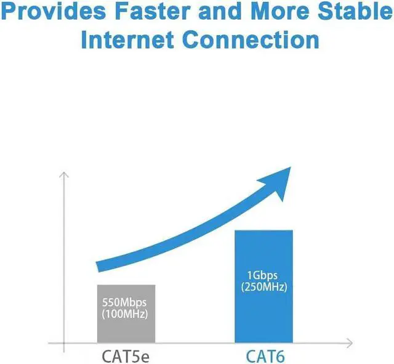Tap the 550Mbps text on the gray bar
pos(126,304)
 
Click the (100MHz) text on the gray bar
pos(126,315)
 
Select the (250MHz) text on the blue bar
pos(264,287)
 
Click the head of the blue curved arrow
pos(283,179)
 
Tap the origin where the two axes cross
pos(63,342)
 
